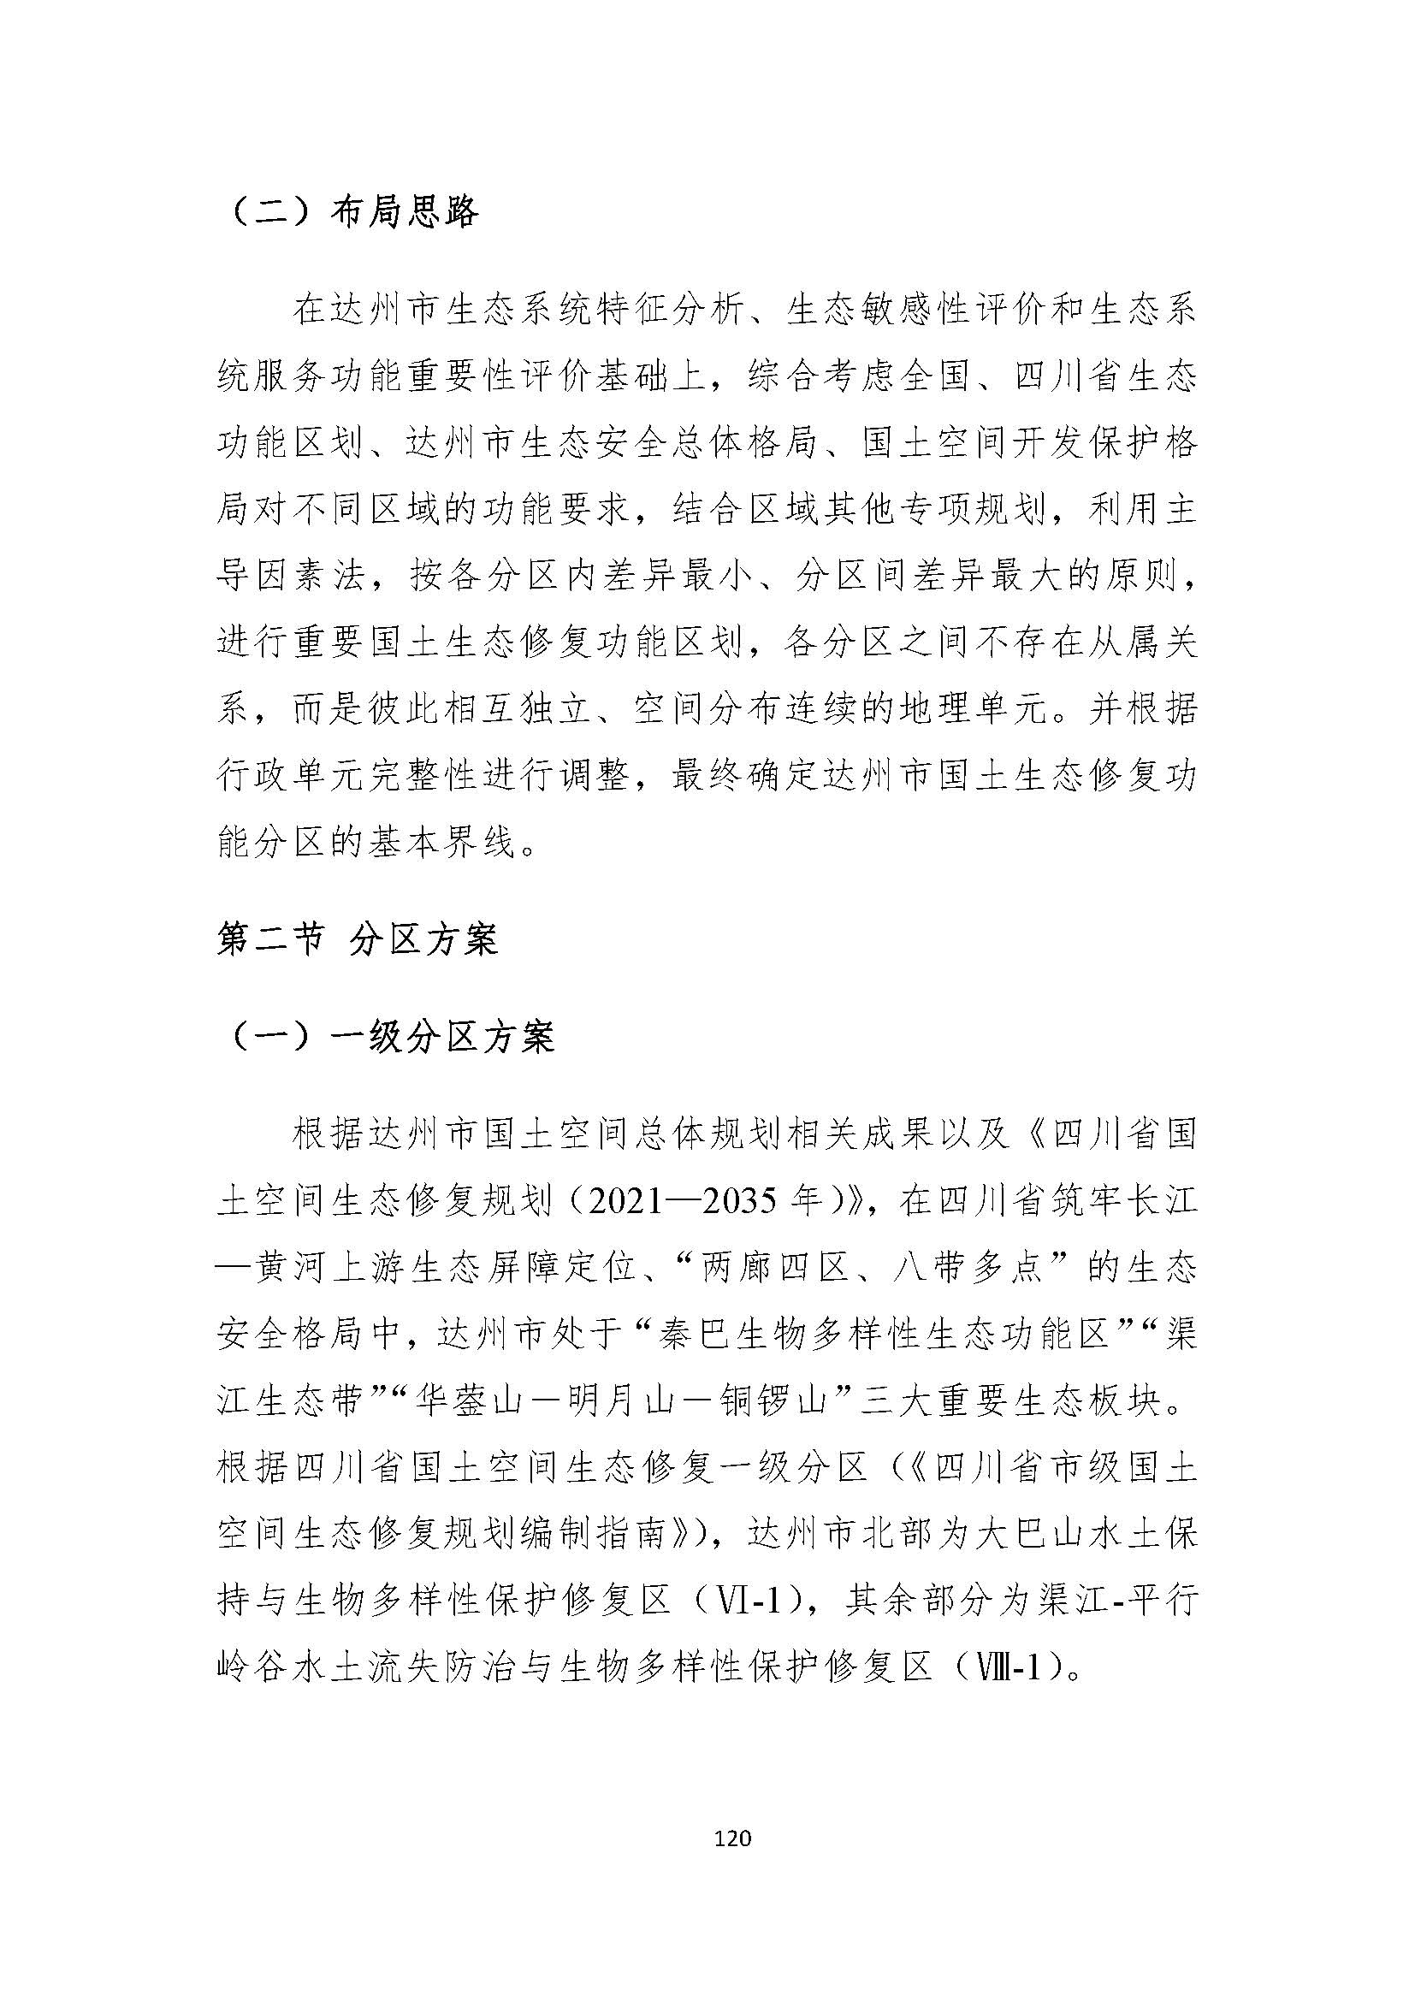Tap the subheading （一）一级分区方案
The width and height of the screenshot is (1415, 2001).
pyautogui.click(x=391, y=1037)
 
